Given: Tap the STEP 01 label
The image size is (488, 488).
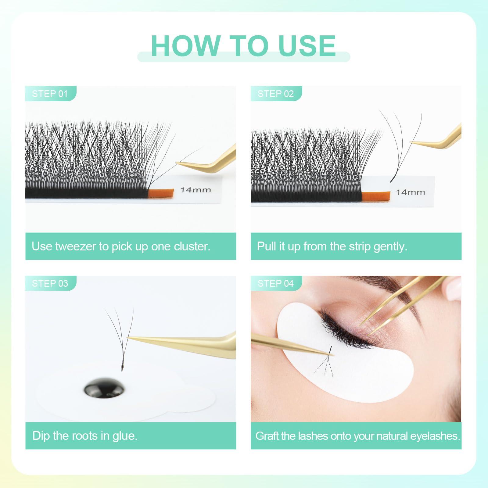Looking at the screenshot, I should (50, 94).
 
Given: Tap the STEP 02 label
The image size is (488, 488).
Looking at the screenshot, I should (275, 94).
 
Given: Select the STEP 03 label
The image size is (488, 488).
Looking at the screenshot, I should (50, 283).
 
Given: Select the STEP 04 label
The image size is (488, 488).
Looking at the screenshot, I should (275, 283).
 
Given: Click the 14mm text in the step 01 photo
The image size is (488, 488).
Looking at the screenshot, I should (196, 190).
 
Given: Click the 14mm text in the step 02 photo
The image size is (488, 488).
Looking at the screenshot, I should (410, 192).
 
